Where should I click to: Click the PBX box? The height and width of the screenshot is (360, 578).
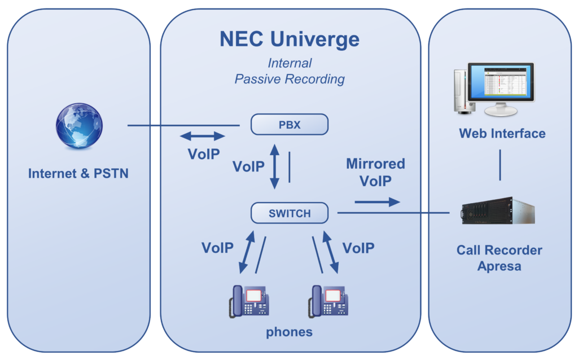tap(290, 125)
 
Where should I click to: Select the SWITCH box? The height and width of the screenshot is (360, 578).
tap(290, 213)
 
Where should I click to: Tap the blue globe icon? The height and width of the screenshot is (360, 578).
tap(79, 126)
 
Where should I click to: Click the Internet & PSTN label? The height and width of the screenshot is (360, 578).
tap(78, 173)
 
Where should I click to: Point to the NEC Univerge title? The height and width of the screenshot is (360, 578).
tap(290, 39)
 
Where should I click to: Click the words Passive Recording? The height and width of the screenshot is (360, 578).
tap(290, 79)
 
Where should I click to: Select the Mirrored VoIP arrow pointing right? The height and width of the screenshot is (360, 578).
tap(377, 201)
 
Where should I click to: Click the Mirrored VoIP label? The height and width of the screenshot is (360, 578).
tap(375, 172)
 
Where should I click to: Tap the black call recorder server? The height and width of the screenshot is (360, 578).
tap(498, 210)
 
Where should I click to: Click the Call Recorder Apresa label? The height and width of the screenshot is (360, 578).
tap(500, 258)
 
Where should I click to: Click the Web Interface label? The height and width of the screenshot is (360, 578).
tap(502, 133)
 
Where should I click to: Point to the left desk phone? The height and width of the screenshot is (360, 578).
tap(249, 301)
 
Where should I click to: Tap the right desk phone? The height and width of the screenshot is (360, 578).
tap(329, 301)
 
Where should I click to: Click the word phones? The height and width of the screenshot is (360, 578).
tap(290, 332)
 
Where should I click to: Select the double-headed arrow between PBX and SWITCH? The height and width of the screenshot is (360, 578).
tap(274, 166)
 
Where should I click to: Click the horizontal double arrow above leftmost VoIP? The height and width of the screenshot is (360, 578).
tap(203, 136)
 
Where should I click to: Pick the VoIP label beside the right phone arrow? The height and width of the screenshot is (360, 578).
tap(358, 248)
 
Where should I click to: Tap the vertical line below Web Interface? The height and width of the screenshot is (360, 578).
tap(500, 165)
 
